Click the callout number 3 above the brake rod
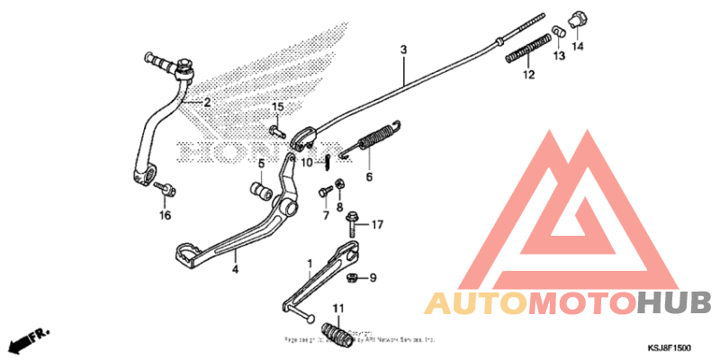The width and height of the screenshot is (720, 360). (x=404, y=49)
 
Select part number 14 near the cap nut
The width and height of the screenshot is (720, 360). (x=577, y=46)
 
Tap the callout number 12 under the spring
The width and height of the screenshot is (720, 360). (x=528, y=75)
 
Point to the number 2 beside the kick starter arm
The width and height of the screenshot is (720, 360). (x=206, y=103)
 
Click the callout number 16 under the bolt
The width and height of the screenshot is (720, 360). (x=165, y=216)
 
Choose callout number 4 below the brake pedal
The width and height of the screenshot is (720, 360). (x=236, y=269)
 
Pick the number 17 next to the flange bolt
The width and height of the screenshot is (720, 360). (x=377, y=224)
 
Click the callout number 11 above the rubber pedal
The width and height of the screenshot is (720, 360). (x=338, y=310)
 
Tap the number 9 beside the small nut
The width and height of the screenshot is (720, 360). (x=373, y=277)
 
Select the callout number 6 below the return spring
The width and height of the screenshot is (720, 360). (x=369, y=177)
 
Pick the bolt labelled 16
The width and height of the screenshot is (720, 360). (x=164, y=190)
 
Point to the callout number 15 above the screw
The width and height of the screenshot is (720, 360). (x=278, y=108)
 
